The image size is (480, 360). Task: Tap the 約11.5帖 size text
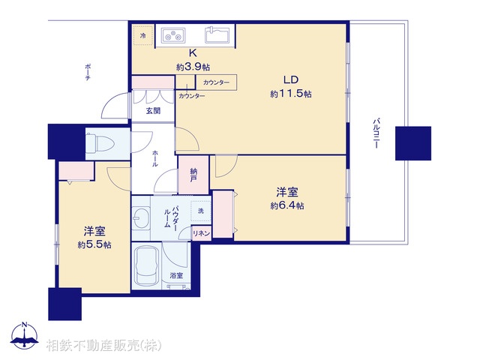point(291,94)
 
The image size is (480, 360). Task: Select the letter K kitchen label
point(193,54)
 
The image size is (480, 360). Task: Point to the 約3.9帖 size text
point(192,67)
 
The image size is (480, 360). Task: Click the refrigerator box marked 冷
point(142,35)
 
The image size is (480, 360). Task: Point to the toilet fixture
point(98,142)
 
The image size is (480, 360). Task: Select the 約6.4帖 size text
point(287,205)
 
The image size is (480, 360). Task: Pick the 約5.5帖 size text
point(94,244)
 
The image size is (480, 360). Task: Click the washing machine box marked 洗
point(201,212)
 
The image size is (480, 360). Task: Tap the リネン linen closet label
point(201,233)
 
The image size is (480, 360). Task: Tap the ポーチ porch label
point(88,75)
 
